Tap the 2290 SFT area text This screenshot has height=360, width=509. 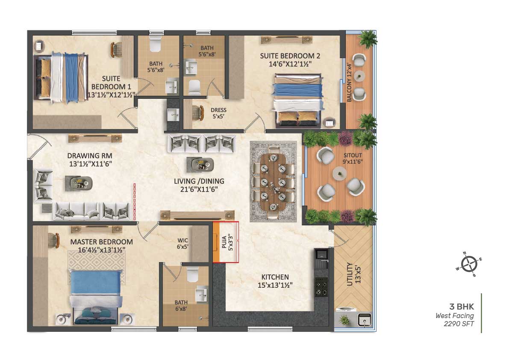[x=459, y=324]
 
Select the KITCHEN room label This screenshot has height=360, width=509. [x=275, y=277]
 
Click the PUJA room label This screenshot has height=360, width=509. [x=224, y=242]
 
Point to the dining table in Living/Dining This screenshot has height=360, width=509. [x=274, y=182]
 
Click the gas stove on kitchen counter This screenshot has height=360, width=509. [x=321, y=287]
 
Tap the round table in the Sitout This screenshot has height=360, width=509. [x=340, y=173]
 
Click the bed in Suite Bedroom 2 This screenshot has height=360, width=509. [x=298, y=100]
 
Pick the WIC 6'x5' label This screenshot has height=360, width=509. [x=183, y=243]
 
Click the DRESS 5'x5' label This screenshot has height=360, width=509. [x=218, y=113]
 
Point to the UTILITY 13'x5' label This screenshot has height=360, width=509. [x=353, y=274]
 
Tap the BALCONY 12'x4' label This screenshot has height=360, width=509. [x=349, y=83]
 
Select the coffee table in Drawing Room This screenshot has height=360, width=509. [x=79, y=183]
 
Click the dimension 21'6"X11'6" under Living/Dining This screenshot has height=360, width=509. [x=199, y=189]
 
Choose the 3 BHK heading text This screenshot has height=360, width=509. [x=461, y=307]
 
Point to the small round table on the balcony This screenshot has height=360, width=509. [x=359, y=77]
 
